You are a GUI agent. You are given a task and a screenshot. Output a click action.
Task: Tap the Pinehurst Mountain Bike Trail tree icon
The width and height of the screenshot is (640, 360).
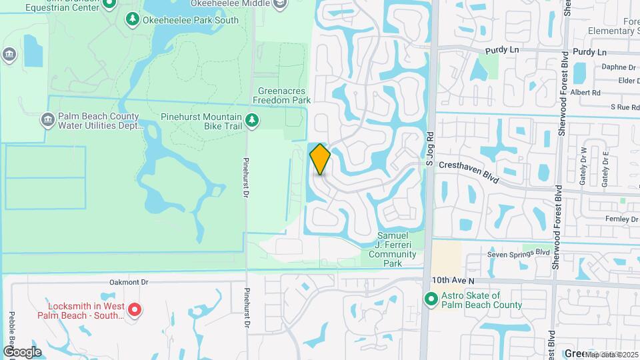pyautogui.click(x=252, y=120)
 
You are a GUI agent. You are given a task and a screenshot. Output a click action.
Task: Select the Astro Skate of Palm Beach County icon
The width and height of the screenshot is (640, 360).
pyautogui.click(x=431, y=300)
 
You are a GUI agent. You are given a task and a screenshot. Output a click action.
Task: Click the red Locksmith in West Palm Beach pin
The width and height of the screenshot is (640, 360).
pyautogui.click(x=134, y=309)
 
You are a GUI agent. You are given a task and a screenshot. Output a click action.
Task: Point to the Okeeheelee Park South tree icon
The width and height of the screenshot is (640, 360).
pyautogui.click(x=132, y=19)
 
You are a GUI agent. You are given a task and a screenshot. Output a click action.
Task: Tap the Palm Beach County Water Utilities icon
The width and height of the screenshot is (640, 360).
pyautogui.click(x=47, y=120)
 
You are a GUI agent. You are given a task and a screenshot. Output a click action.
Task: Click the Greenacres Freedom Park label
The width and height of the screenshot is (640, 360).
pyautogui.click(x=282, y=95)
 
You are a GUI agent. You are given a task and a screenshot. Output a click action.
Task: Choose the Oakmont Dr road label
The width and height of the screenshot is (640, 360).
pyautogui.click(x=129, y=282)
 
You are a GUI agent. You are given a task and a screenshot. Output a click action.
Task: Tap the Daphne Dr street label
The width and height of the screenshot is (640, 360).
pyautogui.click(x=618, y=67)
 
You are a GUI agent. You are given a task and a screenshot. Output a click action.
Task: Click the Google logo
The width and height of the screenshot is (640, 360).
pyautogui.click(x=22, y=351)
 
